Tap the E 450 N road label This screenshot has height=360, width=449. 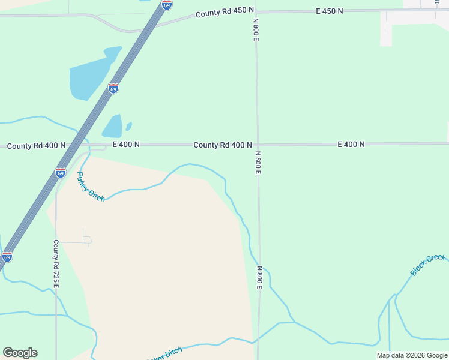(x=330, y=11)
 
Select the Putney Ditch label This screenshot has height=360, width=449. (x=91, y=187)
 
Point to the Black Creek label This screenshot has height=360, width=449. (x=428, y=265)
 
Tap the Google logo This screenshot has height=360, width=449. (x=20, y=353)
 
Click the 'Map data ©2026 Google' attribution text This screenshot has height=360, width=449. (x=412, y=355)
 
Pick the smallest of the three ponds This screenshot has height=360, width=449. (x=128, y=126)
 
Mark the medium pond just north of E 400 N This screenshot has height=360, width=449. (x=112, y=127)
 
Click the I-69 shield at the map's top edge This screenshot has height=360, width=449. (x=167, y=5)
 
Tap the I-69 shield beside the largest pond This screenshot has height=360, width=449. (x=113, y=88)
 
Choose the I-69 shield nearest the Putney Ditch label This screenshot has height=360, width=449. (x=61, y=173)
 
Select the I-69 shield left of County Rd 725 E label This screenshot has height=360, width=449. (x=7, y=257)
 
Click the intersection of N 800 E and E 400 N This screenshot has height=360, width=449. (x=257, y=145)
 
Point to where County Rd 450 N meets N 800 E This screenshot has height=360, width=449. (x=256, y=11)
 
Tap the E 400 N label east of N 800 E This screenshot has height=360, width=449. (x=351, y=145)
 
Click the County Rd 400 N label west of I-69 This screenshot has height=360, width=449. (x=36, y=146)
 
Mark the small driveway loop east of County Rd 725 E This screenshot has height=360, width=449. (x=87, y=241)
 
